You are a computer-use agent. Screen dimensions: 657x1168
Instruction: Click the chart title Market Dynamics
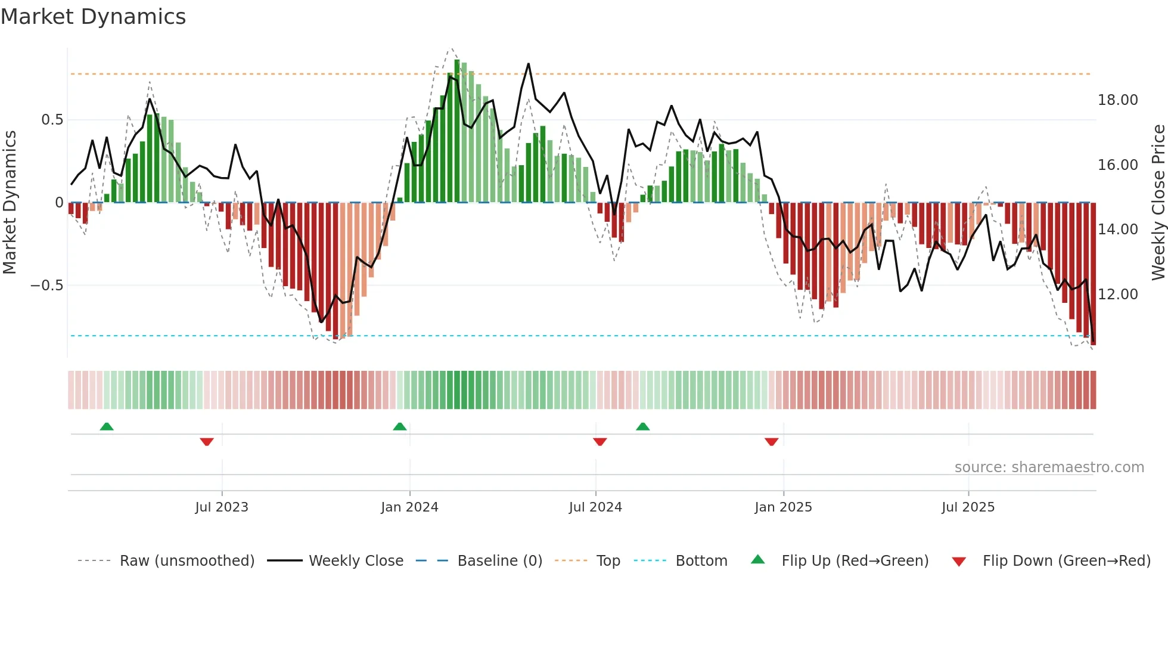point(94,17)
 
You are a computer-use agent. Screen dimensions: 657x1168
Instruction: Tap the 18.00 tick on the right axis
point(1117,100)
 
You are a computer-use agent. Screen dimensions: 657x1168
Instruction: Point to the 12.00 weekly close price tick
point(1117,295)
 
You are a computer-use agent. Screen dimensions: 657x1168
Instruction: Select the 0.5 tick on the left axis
point(52,120)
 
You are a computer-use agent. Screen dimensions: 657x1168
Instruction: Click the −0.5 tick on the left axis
point(46,286)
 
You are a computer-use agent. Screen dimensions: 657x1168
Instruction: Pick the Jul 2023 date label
point(222,507)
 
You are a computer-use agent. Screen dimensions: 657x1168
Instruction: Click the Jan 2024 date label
point(409,507)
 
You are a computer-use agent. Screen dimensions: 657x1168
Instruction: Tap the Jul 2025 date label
point(968,507)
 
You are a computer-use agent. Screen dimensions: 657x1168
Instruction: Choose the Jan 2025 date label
point(783,507)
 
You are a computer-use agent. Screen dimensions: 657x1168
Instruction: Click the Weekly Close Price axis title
point(1158,202)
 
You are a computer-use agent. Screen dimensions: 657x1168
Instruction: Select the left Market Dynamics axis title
point(10,202)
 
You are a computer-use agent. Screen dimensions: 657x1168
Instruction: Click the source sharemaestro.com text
point(1049,467)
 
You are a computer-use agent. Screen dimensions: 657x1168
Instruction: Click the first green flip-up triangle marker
point(107,426)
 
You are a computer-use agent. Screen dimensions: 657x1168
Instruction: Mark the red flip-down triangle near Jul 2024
point(600,442)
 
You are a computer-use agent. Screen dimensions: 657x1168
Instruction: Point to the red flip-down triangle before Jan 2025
point(772,442)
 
